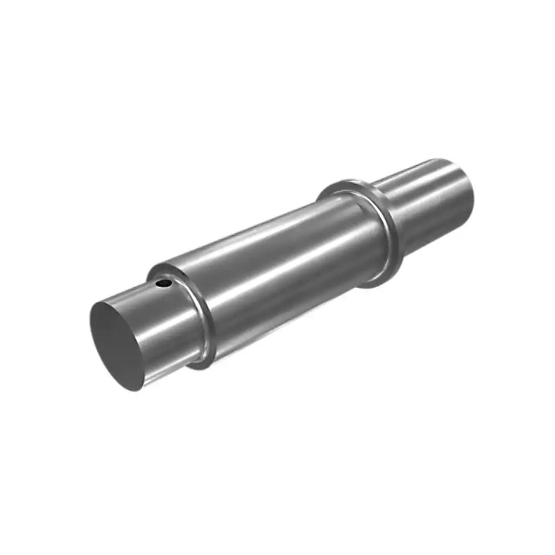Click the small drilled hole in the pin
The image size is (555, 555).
click(163, 283)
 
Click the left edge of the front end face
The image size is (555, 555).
click(91, 326)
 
